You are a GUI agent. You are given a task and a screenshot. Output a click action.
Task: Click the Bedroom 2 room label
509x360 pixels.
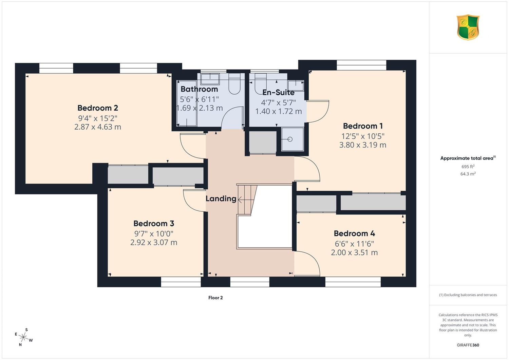pos(98,108)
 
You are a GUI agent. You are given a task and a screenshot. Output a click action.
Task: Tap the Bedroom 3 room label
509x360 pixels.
pos(154,223)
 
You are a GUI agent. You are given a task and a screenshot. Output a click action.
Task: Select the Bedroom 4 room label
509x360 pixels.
pos(354,233)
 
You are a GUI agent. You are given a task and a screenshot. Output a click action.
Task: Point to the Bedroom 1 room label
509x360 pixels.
pos(363,126)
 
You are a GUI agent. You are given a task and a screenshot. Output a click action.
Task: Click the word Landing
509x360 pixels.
pos(221,198)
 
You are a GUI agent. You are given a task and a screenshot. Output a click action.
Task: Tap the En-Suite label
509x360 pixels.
pos(278,93)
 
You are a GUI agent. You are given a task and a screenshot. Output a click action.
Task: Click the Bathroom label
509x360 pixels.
pos(199,89)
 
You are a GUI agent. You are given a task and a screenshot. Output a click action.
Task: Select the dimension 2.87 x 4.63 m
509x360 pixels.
pos(98,127)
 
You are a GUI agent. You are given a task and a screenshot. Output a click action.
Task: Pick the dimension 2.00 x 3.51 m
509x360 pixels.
pos(354,252)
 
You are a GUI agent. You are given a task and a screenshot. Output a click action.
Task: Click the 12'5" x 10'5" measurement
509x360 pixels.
pos(363,136)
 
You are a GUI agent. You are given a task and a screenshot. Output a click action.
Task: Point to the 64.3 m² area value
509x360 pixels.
pos(468,174)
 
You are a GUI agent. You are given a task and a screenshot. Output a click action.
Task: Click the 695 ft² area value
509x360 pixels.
pos(468,167)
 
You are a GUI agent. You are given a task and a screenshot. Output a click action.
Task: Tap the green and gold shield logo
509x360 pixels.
pos(468,27)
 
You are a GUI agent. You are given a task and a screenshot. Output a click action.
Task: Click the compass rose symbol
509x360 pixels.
pos(23,337)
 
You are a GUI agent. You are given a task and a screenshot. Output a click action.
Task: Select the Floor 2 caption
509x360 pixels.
pos(215,298)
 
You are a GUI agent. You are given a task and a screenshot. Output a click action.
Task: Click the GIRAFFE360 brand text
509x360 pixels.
pos(468,345)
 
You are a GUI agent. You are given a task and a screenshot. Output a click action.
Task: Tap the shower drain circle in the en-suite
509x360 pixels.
pos(290,139)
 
